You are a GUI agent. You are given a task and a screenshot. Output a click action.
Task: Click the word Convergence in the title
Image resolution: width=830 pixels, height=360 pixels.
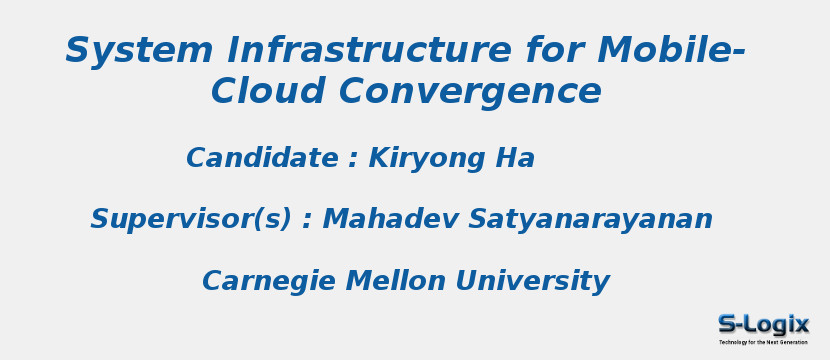pos(470,92)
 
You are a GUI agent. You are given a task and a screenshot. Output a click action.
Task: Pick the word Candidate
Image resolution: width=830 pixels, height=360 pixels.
pos(262,158)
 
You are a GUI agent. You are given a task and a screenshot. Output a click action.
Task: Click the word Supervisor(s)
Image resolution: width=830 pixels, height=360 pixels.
pos(190,219)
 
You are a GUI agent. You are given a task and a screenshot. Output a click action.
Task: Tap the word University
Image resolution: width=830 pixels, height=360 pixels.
pos(527,282)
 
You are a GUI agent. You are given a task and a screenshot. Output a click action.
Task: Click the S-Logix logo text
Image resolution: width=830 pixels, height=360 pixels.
pos(763,324)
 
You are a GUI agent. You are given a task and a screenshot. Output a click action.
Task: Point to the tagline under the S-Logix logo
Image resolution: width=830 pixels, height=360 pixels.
pos(763,342)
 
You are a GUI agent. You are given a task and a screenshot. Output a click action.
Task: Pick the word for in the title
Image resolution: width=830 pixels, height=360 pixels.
pos(553,50)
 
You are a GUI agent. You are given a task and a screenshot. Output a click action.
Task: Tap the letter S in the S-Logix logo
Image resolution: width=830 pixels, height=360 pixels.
pos(729,324)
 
